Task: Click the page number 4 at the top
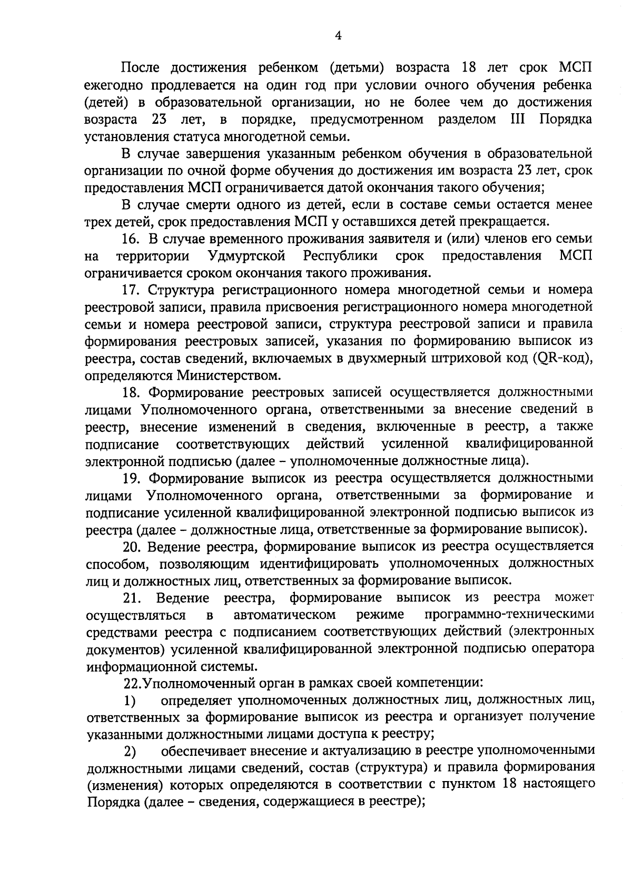[x=338, y=35]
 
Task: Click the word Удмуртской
[x=247, y=256]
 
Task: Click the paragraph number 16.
[x=131, y=239]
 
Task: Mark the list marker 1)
[x=130, y=701]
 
